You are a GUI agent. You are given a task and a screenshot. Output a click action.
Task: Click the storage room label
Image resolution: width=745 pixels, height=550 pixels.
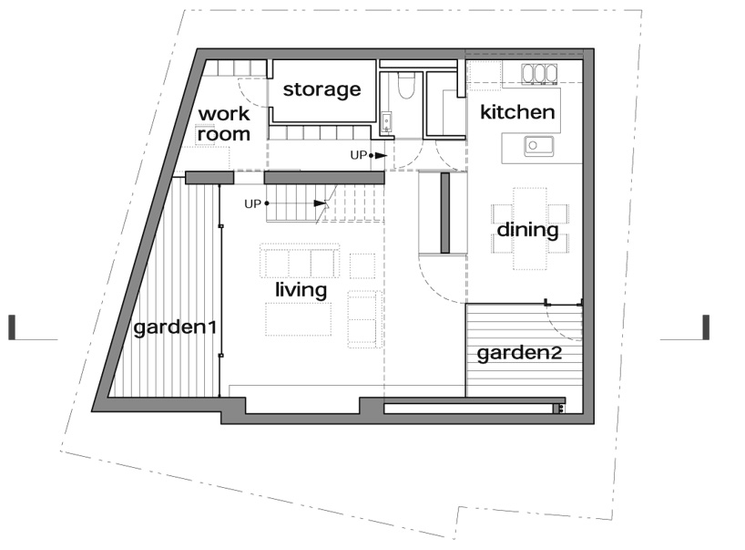pyautogui.click(x=321, y=89)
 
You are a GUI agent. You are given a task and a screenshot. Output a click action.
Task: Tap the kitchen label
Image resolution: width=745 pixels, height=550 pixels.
pyautogui.click(x=517, y=112)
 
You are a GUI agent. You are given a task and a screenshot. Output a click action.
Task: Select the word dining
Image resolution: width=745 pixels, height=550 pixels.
pyautogui.click(x=527, y=230)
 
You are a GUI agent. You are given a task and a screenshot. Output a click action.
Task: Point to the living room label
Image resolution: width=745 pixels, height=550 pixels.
pyautogui.click(x=301, y=290)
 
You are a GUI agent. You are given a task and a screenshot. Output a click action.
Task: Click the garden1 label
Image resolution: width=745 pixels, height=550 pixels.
pyautogui.click(x=175, y=327)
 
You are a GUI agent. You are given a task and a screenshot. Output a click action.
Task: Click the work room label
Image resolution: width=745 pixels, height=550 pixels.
pyautogui.click(x=224, y=124)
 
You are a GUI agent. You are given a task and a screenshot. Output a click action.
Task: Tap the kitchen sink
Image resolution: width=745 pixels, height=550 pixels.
pyautogui.click(x=538, y=145)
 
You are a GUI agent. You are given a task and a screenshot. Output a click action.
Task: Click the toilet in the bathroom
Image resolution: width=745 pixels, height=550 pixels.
pyautogui.click(x=405, y=86)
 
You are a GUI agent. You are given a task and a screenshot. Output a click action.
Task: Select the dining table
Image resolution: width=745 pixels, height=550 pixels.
pyautogui.click(x=529, y=228)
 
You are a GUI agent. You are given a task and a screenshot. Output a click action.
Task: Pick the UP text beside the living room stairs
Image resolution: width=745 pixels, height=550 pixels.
pyautogui.click(x=252, y=203)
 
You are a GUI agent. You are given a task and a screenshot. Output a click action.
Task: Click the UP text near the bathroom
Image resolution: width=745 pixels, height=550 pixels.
pyautogui.click(x=358, y=156)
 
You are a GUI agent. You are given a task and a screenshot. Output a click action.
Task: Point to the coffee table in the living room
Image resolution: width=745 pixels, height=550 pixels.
pyautogui.click(x=299, y=319)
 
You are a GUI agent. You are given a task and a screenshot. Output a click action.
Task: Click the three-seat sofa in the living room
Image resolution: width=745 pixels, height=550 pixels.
pyautogui.click(x=300, y=261)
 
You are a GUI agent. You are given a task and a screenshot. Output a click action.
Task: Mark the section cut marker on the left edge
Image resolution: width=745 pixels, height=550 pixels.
pyautogui.click(x=12, y=327)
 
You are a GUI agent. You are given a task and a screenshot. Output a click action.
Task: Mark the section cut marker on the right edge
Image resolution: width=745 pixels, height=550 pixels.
pyautogui.click(x=706, y=327)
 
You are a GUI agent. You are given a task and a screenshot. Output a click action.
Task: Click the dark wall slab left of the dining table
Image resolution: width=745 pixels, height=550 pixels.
pyautogui.click(x=445, y=213)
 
